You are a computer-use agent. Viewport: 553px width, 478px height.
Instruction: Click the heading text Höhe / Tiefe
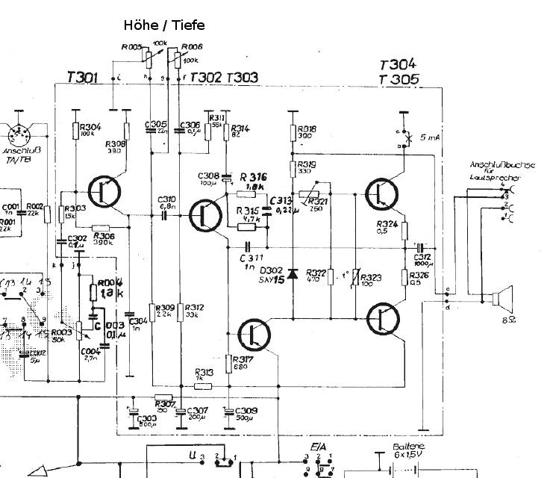163,25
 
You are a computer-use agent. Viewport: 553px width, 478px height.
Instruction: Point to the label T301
82,76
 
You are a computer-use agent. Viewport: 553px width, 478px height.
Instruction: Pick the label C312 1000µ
422,260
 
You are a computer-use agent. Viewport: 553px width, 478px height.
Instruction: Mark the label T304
398,64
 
